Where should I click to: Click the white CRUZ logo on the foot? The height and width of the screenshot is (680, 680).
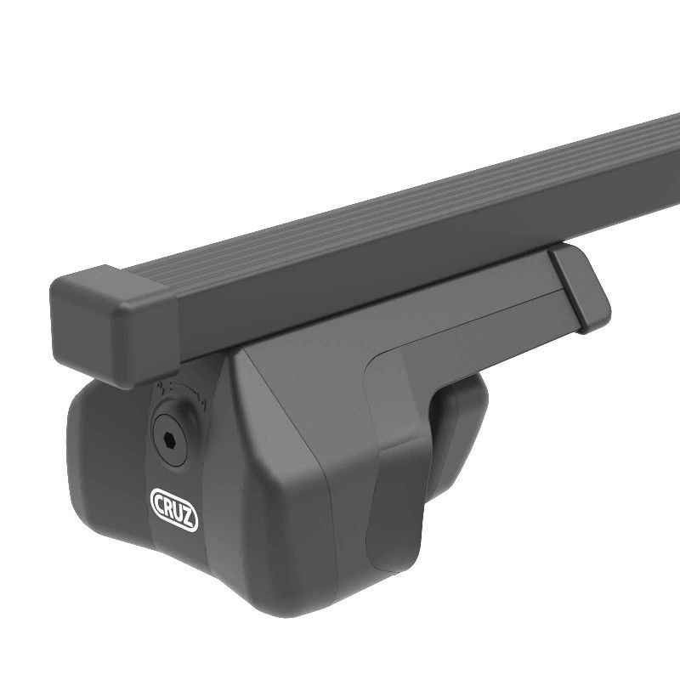(x=174, y=509)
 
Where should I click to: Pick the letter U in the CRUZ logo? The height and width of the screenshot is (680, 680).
(x=178, y=513)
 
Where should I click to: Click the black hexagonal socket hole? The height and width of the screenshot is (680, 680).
(x=171, y=439)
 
